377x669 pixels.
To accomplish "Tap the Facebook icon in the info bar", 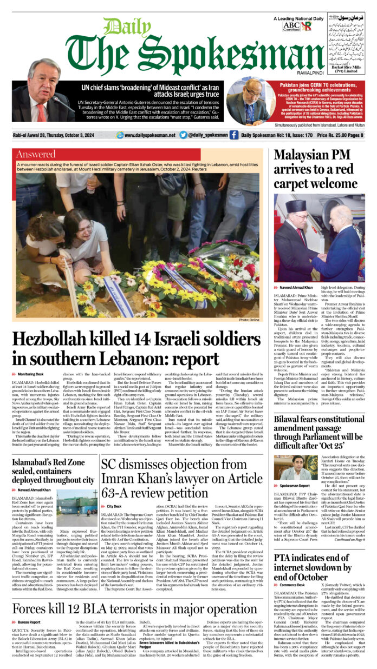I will (x=233, y=135).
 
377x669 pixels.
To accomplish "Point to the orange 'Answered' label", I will (x=36, y=154).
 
